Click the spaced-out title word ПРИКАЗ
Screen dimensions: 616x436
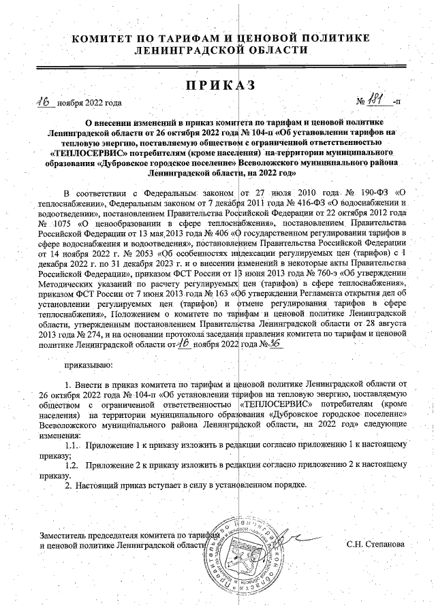tap(218, 84)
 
